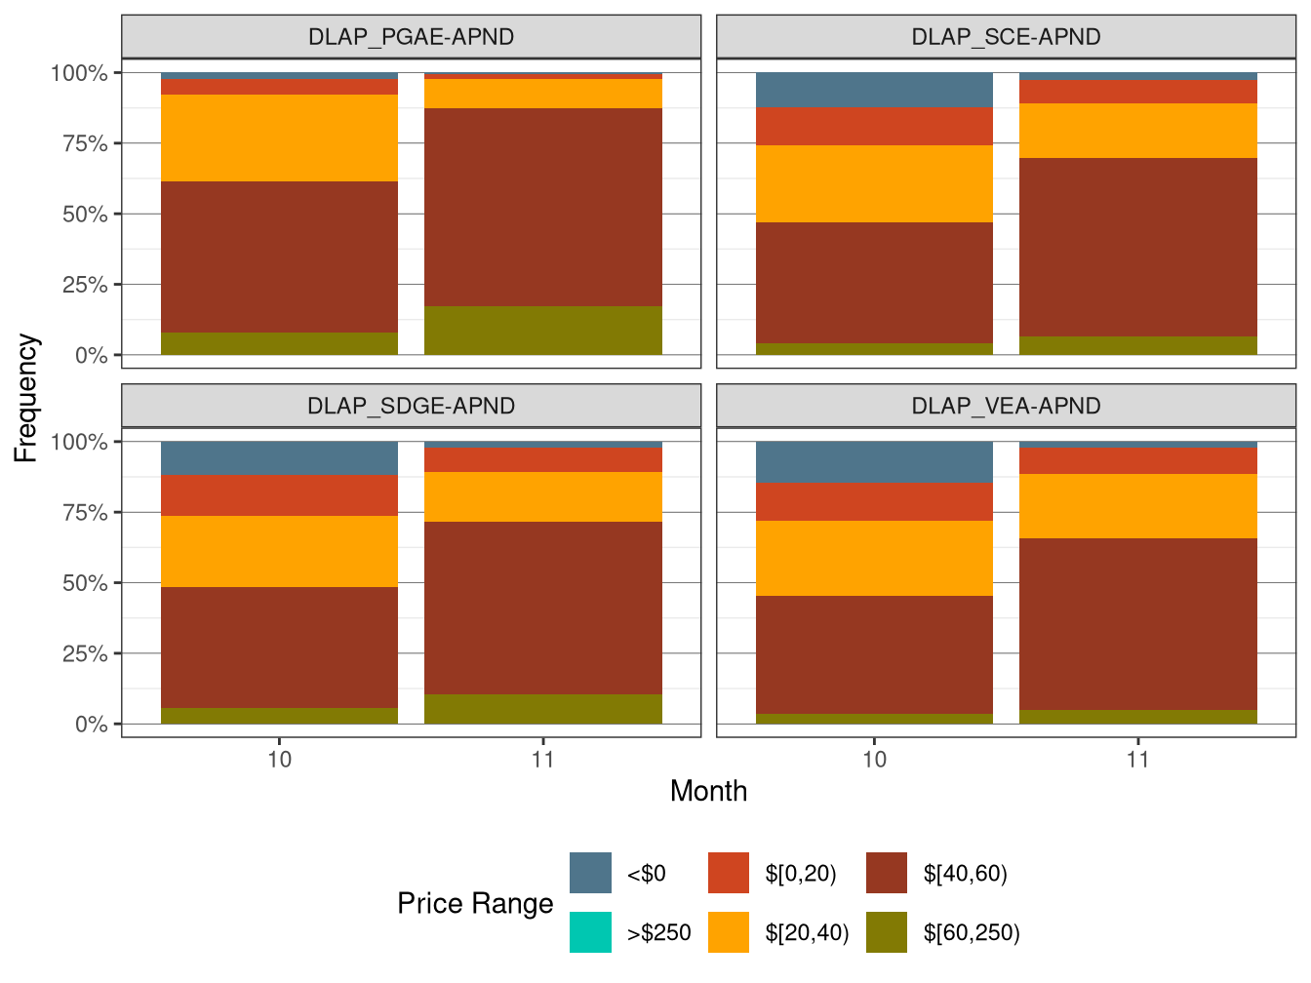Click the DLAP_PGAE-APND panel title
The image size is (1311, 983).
[x=411, y=37]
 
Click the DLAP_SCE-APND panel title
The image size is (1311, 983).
[x=1006, y=37]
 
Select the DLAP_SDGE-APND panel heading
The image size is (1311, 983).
[x=411, y=406]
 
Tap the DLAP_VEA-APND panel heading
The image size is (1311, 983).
[x=1006, y=406]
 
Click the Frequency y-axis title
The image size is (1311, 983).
[x=26, y=398]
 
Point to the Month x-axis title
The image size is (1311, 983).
[x=708, y=791]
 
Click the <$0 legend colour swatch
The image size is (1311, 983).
[x=590, y=873]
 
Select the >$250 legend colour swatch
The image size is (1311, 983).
[x=590, y=932]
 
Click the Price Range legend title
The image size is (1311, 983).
[x=475, y=903]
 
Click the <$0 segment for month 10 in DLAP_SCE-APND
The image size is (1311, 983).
[x=874, y=90]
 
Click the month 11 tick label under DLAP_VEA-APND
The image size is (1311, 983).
[x=1137, y=760]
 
